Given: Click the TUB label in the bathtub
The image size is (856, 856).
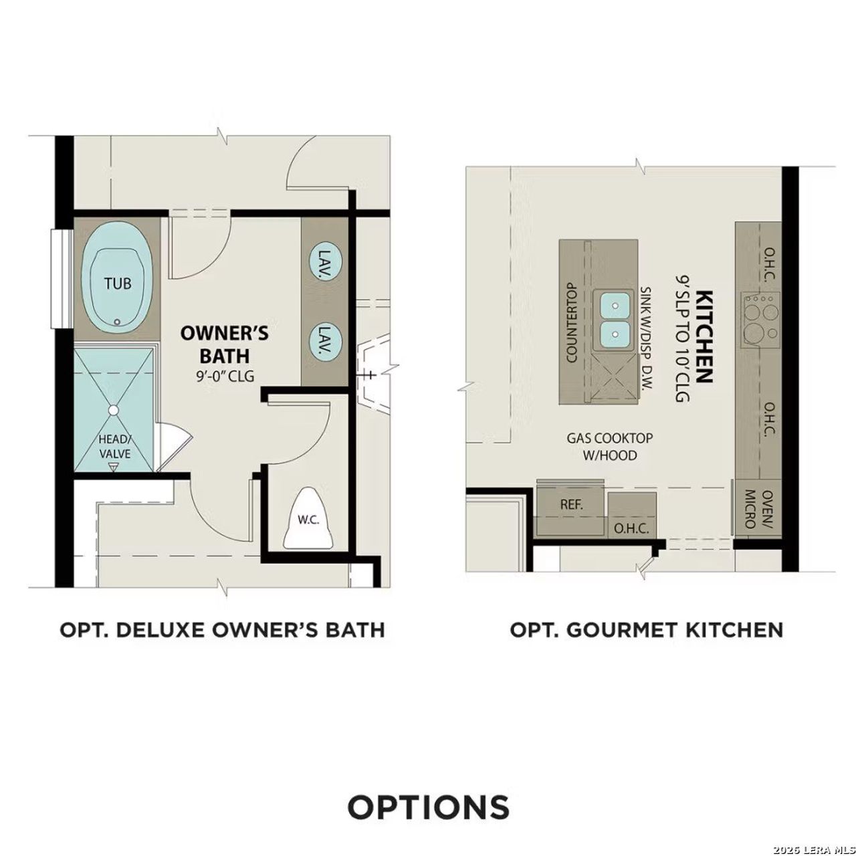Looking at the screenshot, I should click(118, 283).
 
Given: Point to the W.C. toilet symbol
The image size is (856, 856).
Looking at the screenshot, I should click(308, 520).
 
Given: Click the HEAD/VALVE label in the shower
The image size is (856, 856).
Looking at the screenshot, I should click(114, 447).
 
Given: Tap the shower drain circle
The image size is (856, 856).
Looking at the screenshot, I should click(114, 410).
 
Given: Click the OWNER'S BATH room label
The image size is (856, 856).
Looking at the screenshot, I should click(225, 343).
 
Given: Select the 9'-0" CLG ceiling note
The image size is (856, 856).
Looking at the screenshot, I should click(225, 376).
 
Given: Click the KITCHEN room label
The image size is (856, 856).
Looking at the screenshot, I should click(703, 336).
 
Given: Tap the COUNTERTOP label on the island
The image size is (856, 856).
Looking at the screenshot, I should click(572, 322).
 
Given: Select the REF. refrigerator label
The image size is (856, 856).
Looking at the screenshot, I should click(571, 504).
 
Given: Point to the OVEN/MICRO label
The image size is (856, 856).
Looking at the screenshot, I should click(758, 509).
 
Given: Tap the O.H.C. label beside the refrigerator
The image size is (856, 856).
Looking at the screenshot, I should click(631, 528).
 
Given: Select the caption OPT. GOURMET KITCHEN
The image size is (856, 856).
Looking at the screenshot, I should click(646, 629).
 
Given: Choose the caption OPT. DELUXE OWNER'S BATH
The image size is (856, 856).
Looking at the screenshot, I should click(222, 629).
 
